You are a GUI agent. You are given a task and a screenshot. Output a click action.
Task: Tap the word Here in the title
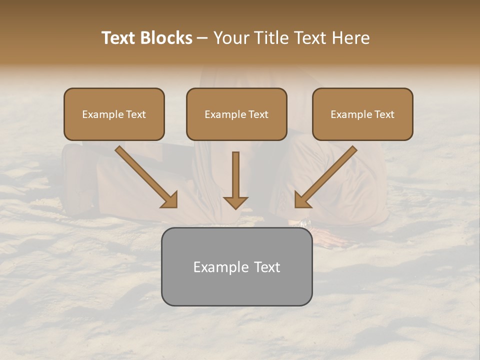click(351, 38)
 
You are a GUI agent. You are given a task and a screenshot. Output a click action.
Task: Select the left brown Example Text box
click(114, 114)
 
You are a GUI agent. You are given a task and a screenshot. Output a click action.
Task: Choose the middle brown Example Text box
click(236, 114)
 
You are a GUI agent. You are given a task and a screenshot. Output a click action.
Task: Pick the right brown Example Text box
click(362, 114)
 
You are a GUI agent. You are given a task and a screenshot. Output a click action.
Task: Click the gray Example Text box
click(236, 267)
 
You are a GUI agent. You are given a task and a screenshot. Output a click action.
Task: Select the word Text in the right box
click(384, 114)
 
